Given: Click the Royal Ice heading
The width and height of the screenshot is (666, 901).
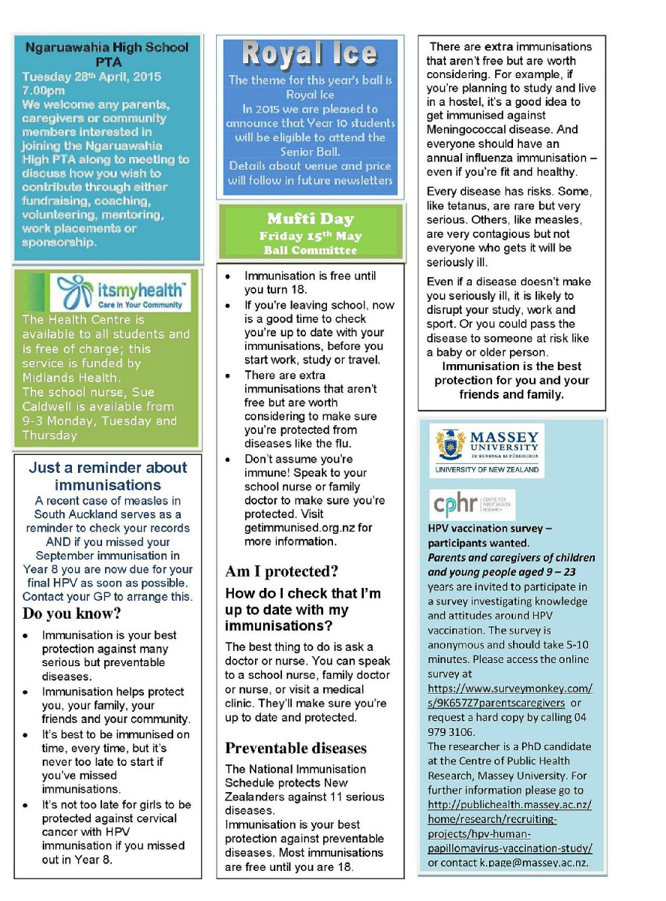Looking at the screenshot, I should point(310,55).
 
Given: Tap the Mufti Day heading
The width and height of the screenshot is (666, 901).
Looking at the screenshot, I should point(310,219).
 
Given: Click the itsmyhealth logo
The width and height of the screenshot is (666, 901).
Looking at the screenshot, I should point(119,292).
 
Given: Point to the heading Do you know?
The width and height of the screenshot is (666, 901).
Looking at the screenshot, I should point(72,613).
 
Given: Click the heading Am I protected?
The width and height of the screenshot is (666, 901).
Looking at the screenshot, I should point(282,571).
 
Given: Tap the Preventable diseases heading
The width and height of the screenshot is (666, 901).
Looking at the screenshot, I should point(296,748).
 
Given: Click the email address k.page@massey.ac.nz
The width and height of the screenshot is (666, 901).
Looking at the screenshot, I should point(534,863).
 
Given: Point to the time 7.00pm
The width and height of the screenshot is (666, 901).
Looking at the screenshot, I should point(43,91).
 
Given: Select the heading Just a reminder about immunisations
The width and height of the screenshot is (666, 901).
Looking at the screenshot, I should point(107,476).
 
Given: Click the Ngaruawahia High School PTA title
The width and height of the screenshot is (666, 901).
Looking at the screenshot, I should point(107,54).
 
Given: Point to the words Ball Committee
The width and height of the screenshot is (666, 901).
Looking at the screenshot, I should point(310,250).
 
